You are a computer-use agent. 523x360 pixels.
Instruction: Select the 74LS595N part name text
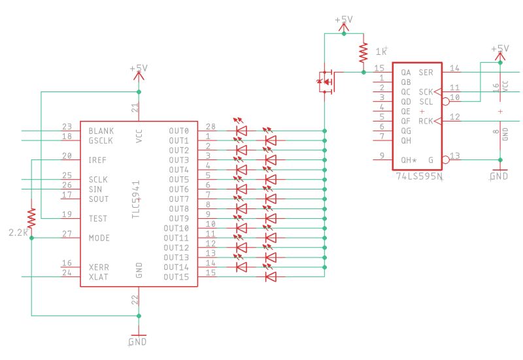pos(418,176)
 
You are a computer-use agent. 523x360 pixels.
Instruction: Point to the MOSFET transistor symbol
pos(326,82)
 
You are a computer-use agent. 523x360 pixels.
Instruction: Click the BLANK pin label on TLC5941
pos(101,131)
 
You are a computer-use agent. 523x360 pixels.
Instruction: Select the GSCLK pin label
pos(101,140)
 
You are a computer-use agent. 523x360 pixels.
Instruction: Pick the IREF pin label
pos(98,159)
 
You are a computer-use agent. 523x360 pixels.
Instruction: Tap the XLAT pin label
pos(99,276)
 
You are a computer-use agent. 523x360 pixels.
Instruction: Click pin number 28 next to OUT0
pos(210,127)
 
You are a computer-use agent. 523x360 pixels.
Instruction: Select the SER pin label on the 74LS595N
pos(426,73)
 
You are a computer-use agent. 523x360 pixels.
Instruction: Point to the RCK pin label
pos(425,121)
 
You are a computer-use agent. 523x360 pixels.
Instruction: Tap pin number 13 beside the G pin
pos(455,155)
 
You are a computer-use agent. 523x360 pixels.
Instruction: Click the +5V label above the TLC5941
pos(139,68)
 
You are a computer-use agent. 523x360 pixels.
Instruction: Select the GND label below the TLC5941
pos(138,342)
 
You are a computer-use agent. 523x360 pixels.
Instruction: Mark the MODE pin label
pos(99,238)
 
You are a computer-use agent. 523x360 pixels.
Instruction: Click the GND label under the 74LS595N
pos(499,176)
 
